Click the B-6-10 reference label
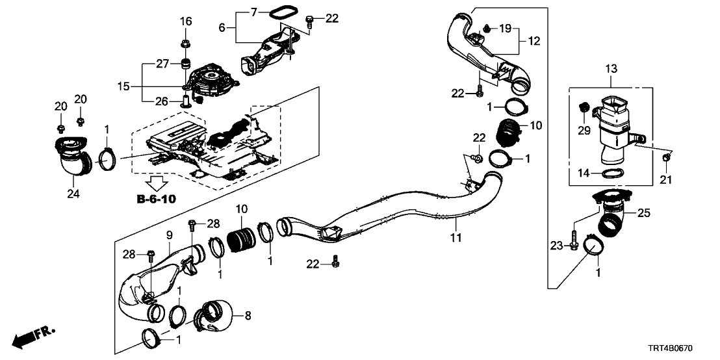pyautogui.click(x=156, y=199)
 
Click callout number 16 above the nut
pyautogui.click(x=186, y=21)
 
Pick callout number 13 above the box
pyautogui.click(x=612, y=70)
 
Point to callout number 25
pyautogui.click(x=643, y=212)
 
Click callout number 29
pyautogui.click(x=584, y=132)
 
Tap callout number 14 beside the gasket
pyautogui.click(x=583, y=172)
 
